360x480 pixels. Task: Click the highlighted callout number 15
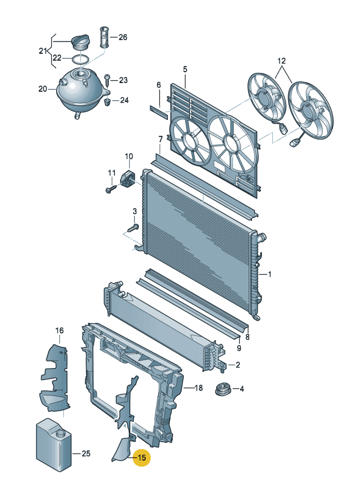pos(142,458)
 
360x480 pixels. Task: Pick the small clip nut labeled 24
pos(107,102)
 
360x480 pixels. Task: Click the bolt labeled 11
pos(111,189)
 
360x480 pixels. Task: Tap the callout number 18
pos(198,388)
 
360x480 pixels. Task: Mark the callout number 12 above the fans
pos(282,61)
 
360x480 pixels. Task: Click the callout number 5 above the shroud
pos(185,69)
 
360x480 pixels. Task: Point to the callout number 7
pos(161,138)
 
